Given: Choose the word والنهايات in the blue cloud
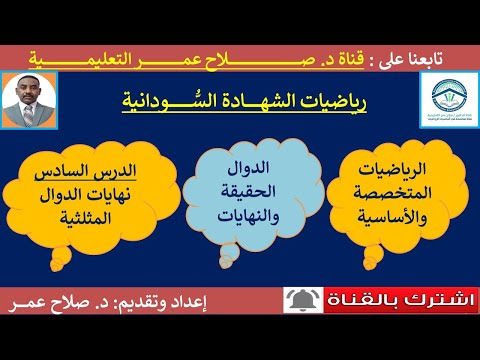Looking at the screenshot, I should tap(250, 207).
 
